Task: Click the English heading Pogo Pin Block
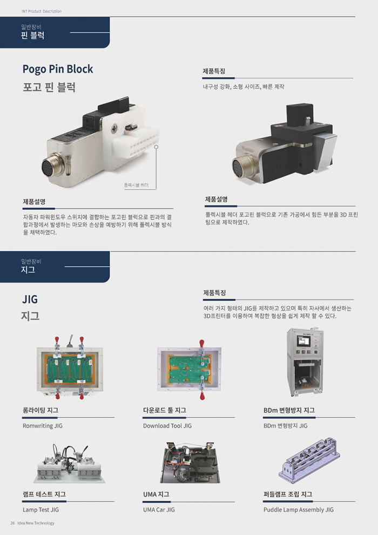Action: [x=58, y=69]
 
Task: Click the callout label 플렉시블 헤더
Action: [x=136, y=185]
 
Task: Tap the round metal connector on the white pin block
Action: [x=52, y=165]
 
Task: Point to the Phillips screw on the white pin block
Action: [x=113, y=129]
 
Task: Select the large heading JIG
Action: [x=30, y=299]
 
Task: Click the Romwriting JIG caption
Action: [x=43, y=426]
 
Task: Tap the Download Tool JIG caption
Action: [x=167, y=426]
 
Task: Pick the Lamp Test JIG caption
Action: [x=40, y=510]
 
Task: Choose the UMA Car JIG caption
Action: [x=159, y=510]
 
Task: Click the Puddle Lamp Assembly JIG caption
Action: [x=299, y=510]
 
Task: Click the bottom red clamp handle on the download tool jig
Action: [x=202, y=396]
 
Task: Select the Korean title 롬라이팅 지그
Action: [x=40, y=410]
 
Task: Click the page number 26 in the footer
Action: [x=12, y=523]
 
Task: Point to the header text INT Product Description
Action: [x=41, y=11]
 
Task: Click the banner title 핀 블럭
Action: [x=33, y=36]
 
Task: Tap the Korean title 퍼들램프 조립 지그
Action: [x=288, y=494]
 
